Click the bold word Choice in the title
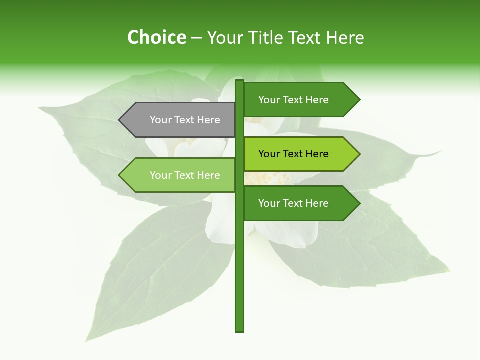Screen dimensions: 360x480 tap(156, 38)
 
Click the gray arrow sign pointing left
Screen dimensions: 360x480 tap(180, 120)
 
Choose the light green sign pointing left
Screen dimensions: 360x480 tap(180, 175)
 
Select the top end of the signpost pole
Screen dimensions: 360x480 tap(240, 82)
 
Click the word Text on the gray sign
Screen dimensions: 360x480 tap(184, 120)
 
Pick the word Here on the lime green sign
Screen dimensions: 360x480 tap(317, 154)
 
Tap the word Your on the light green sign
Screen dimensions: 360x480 tap(160, 175)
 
